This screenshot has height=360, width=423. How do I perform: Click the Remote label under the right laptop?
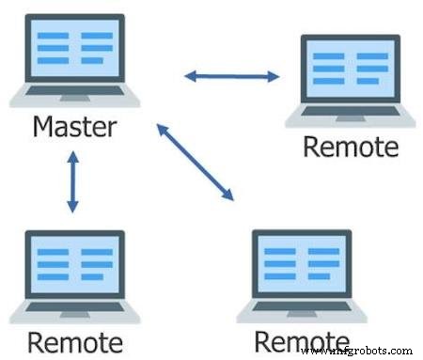click(351, 147)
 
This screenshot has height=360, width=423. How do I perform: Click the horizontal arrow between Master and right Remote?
click(231, 76)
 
